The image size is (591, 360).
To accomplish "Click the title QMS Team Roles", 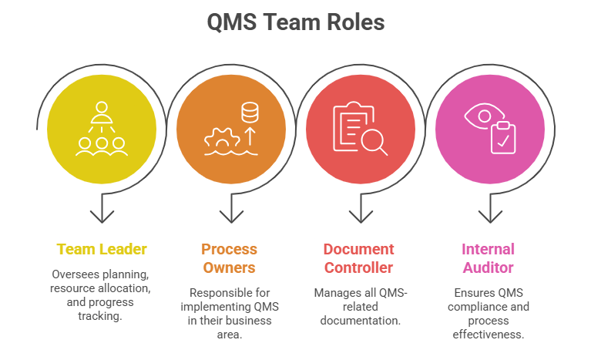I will point(295,22).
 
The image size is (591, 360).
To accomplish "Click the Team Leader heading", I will point(102,249).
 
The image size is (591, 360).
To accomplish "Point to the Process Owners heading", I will point(230,258).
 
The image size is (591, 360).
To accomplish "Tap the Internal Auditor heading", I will point(488,258).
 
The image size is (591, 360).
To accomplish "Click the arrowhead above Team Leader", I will point(102,217).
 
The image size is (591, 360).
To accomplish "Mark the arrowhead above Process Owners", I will point(231,217).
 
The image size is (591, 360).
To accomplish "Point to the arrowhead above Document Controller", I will point(361,217).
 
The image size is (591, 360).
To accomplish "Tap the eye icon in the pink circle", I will point(479,116).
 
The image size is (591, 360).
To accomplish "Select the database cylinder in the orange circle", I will point(250,113).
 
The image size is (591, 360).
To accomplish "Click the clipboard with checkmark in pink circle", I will point(503,138).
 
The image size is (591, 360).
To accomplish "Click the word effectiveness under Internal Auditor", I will point(488,334).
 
